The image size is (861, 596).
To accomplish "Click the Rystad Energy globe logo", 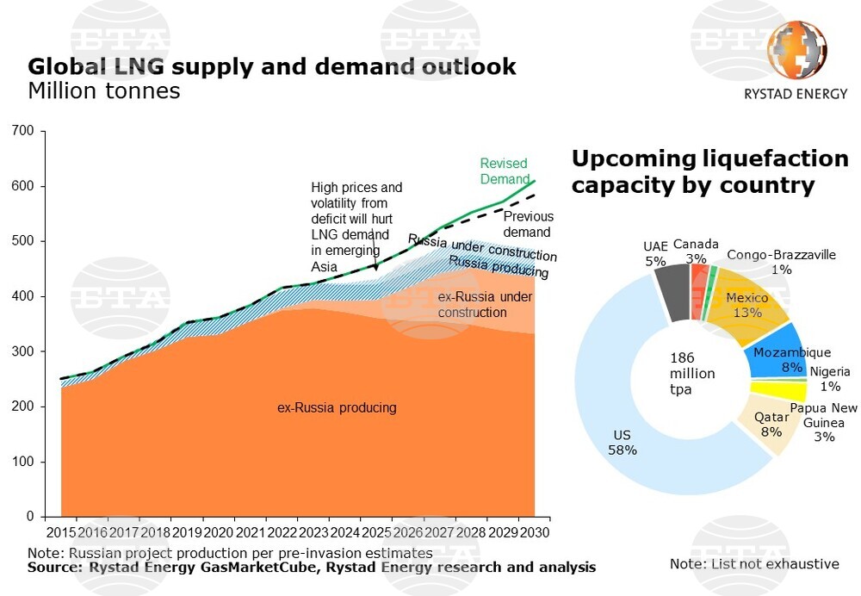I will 796,52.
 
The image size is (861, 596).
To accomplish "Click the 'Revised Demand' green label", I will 504,171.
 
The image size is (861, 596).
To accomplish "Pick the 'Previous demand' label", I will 528,224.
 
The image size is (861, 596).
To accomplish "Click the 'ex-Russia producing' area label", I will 337,407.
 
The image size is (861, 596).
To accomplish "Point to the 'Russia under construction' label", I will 482,248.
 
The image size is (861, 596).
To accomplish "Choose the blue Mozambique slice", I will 774,353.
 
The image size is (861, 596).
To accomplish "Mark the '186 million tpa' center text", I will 692,373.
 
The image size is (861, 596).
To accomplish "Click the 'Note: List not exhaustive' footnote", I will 754,564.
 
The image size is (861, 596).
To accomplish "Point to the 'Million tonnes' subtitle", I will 104,90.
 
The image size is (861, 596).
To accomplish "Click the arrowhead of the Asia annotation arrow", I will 375,269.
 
